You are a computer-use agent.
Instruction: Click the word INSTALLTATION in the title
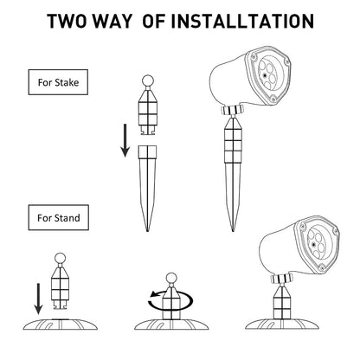click(x=243, y=21)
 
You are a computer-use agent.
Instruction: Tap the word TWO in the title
click(x=68, y=21)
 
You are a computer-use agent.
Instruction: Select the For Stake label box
click(x=58, y=82)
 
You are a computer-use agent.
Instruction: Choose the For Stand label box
click(x=58, y=217)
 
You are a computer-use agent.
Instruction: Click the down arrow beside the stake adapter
click(x=125, y=140)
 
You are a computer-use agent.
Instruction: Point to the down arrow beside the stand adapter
click(x=38, y=299)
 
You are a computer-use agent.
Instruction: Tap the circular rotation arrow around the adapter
click(x=170, y=301)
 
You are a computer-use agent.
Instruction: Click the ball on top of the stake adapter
click(x=148, y=80)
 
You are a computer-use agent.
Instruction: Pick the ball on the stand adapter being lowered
click(x=61, y=259)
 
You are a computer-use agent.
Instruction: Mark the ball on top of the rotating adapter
click(x=171, y=279)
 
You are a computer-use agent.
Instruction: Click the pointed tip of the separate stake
click(x=147, y=230)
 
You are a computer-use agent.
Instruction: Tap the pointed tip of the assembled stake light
click(x=233, y=230)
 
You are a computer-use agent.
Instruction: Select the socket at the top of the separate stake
click(x=147, y=152)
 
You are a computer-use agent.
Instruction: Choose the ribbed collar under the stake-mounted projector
click(x=232, y=110)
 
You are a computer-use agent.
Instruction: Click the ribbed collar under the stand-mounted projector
click(x=282, y=279)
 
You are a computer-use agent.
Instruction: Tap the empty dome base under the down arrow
click(x=61, y=325)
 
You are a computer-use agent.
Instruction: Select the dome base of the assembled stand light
click(x=282, y=325)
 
